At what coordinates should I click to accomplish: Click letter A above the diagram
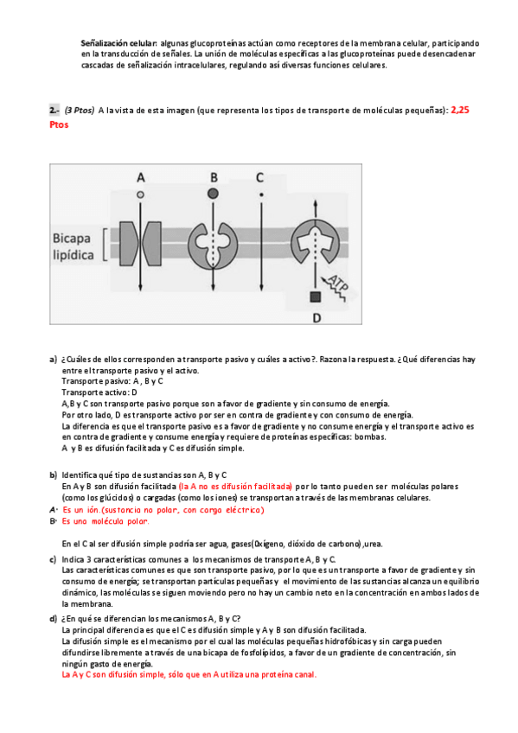[x=141, y=178]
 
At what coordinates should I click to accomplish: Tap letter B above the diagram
[x=214, y=178]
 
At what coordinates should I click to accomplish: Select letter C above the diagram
[x=260, y=178]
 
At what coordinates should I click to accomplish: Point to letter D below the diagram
[x=317, y=318]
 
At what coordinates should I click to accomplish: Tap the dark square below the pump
[x=316, y=296]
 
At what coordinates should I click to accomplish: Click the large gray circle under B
[x=213, y=193]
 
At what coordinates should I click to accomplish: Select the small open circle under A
[x=140, y=194]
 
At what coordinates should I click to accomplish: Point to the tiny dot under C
[x=261, y=194]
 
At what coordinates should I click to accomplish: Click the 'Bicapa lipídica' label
[x=73, y=246]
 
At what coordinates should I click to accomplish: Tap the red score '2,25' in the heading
[x=460, y=111]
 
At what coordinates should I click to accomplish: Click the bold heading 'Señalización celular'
[x=118, y=43]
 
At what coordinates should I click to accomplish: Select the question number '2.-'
[x=54, y=111]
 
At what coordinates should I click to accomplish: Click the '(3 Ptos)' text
[x=80, y=111]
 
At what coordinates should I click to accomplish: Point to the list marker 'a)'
[x=54, y=360]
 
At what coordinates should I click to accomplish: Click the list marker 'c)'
[x=54, y=559]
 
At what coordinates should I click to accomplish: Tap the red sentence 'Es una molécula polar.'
[x=106, y=521]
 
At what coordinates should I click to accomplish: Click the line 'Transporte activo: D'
[x=99, y=392]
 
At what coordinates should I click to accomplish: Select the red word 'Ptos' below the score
[x=59, y=124]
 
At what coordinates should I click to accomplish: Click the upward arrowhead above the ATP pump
[x=316, y=203]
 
